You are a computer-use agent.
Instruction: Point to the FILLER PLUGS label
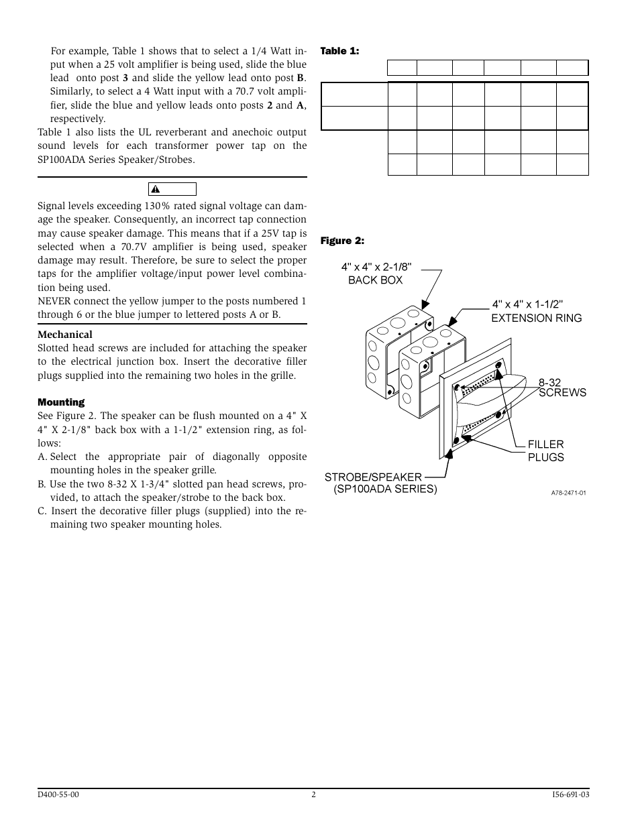[545, 451]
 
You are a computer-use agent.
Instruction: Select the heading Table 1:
[339, 51]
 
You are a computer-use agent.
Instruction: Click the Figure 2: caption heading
[341, 241]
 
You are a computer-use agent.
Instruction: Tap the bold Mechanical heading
[65, 335]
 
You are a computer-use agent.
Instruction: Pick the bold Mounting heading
[61, 402]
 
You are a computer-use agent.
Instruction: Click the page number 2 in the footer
[313, 795]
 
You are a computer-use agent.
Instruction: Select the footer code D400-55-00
[58, 795]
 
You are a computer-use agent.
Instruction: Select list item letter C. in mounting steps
[43, 511]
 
